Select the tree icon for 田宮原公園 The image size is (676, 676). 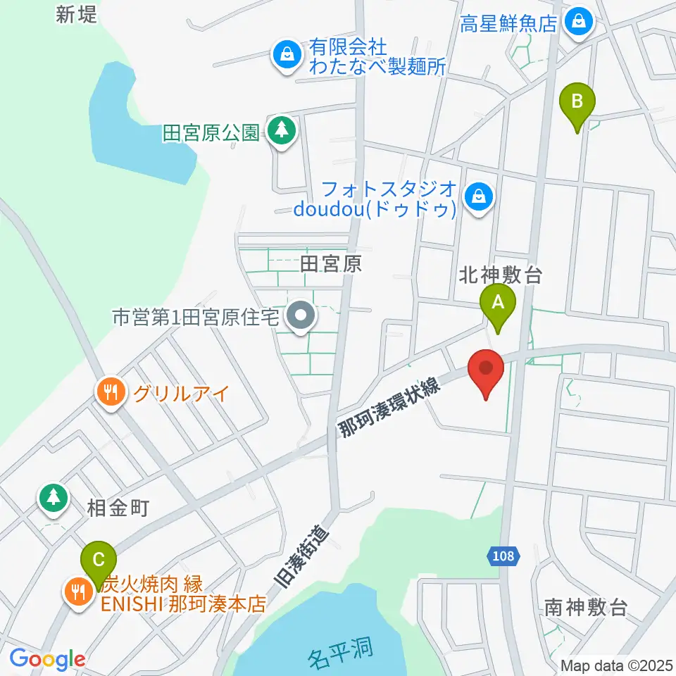[282, 130]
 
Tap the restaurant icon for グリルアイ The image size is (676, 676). [111, 392]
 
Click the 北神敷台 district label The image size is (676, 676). [501, 275]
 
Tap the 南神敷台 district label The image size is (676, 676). [586, 607]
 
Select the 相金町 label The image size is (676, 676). [119, 508]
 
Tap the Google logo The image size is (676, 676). [47, 660]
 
